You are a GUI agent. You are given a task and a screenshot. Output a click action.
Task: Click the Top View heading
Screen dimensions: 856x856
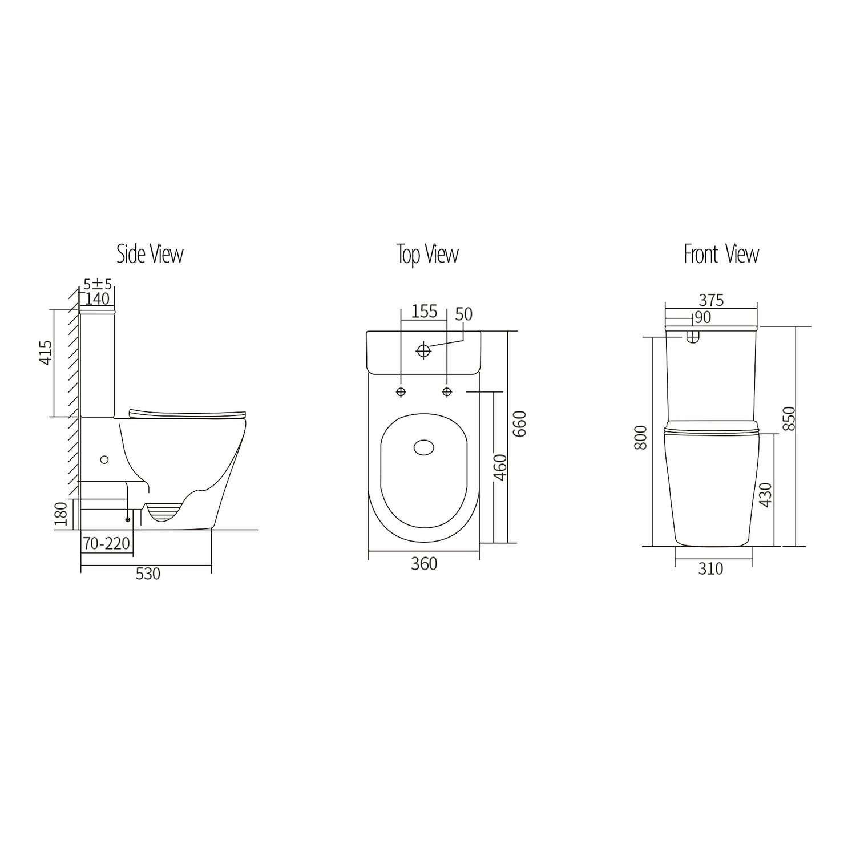click(x=427, y=254)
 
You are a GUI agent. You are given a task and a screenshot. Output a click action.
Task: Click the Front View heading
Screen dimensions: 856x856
click(x=721, y=254)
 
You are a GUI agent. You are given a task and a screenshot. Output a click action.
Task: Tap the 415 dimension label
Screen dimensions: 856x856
click(x=46, y=353)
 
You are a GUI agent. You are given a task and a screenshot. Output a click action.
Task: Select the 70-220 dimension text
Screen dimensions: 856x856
click(x=107, y=543)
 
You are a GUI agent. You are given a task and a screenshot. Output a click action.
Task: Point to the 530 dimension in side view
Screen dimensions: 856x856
click(x=148, y=574)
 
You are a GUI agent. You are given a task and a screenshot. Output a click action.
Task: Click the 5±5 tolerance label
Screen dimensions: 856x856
click(x=98, y=284)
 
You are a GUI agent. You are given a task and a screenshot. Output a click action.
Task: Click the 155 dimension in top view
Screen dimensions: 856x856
click(x=424, y=312)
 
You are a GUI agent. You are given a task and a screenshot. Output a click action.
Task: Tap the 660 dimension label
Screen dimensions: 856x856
click(x=519, y=423)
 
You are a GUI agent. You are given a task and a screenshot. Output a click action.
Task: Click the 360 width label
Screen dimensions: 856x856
click(x=424, y=564)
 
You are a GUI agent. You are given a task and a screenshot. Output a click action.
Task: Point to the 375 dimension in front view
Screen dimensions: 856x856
click(x=711, y=300)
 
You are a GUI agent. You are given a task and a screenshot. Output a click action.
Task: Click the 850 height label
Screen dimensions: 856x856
click(x=789, y=419)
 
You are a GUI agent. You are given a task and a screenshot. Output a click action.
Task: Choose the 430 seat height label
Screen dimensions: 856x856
click(x=766, y=495)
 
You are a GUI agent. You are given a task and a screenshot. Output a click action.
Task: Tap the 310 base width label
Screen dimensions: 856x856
click(x=710, y=568)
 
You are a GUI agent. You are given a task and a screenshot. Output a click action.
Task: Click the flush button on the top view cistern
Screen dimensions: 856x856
click(x=423, y=350)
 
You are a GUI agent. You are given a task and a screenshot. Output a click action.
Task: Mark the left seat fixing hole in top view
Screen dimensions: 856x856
click(x=401, y=391)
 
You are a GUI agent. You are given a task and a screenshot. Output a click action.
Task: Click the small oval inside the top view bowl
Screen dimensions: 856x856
click(x=423, y=448)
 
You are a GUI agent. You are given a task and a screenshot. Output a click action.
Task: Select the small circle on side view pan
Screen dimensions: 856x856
click(x=104, y=459)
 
